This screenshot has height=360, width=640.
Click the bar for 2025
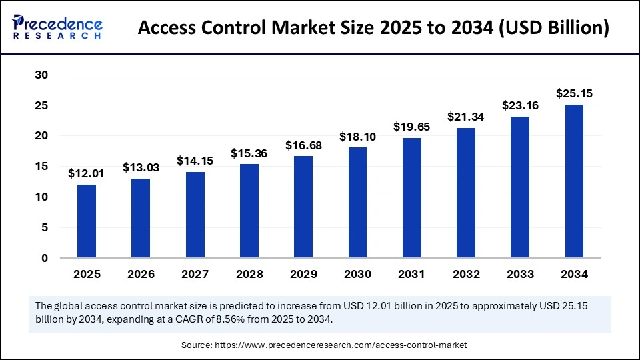pyautogui.click(x=87, y=221)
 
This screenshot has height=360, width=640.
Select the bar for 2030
pyautogui.click(x=358, y=202)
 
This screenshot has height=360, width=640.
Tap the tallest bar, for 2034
pyautogui.click(x=575, y=181)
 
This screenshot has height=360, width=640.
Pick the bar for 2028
pyautogui.click(x=249, y=211)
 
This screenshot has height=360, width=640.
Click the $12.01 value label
pyautogui.click(x=86, y=174)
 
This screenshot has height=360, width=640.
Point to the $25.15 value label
pyautogui.click(x=575, y=94)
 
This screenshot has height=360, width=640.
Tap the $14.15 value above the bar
pyautogui.click(x=195, y=161)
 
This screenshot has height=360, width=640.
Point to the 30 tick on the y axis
pyautogui.click(x=41, y=75)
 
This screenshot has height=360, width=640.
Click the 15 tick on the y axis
pyautogui.click(x=41, y=167)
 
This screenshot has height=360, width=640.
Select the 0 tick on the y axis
pyautogui.click(x=44, y=258)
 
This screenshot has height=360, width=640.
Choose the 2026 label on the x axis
pyautogui.click(x=141, y=274)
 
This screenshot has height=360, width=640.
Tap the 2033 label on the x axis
pyautogui.click(x=520, y=274)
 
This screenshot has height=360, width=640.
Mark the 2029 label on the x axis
pyautogui.click(x=303, y=274)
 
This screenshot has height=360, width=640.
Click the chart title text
pyautogui.click(x=373, y=29)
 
